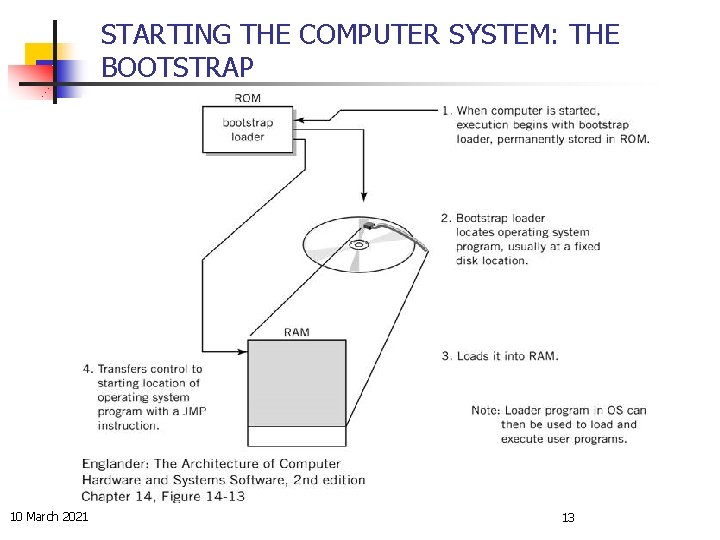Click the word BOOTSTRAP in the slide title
click(x=178, y=68)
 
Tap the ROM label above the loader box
click(x=247, y=98)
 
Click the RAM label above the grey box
click(x=297, y=332)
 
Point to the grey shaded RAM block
click(x=297, y=383)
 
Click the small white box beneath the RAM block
click(x=297, y=437)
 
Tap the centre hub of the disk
click(x=358, y=245)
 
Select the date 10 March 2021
click(x=49, y=516)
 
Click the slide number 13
click(x=568, y=517)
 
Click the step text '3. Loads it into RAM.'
click(x=500, y=355)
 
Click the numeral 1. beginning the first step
click(x=446, y=110)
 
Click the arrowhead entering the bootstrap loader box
click(x=301, y=121)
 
